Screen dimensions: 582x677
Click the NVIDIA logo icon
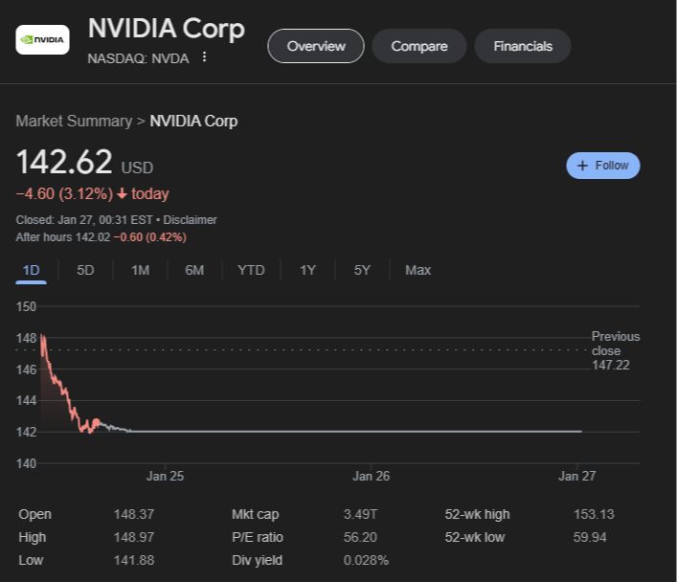[42, 40]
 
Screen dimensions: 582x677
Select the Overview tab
[316, 46]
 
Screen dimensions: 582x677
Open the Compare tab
[419, 46]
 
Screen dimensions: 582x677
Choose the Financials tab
[523, 46]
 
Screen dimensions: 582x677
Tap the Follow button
[603, 166]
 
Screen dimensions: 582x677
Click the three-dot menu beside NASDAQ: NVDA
[204, 57]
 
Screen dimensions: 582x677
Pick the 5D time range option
[85, 270]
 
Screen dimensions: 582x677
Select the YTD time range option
[251, 270]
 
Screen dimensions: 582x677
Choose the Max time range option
[417, 270]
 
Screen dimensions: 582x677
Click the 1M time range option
[140, 270]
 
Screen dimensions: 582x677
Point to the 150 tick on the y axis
[26, 306]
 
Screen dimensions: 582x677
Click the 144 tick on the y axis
[26, 400]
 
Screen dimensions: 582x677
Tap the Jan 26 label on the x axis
[371, 476]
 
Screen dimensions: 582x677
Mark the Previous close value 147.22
[611, 365]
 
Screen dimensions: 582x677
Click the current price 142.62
[64, 162]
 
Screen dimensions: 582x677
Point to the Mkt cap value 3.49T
[360, 514]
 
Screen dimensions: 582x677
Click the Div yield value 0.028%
[366, 560]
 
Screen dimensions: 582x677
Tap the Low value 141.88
[133, 560]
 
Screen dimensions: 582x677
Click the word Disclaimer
[191, 220]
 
